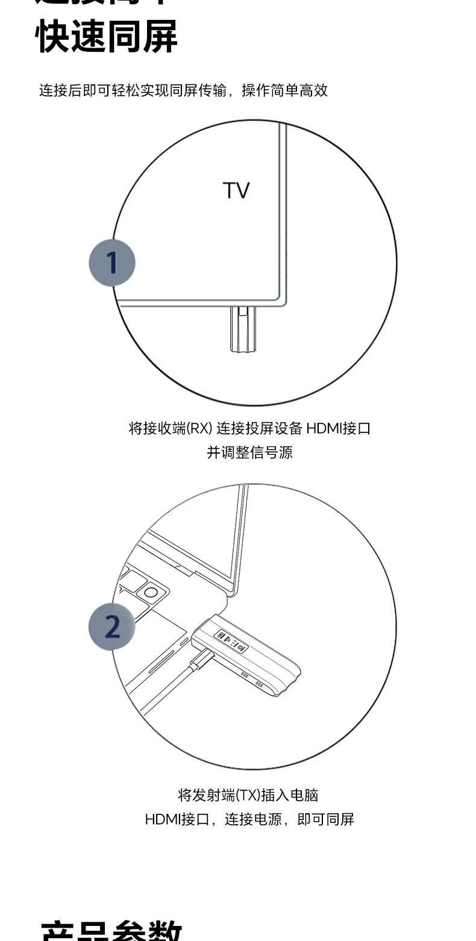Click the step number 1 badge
(x=112, y=263)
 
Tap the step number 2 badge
(x=112, y=627)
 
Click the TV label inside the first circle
(x=236, y=190)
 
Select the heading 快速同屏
(x=107, y=36)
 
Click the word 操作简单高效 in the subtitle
(x=284, y=90)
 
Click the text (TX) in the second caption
(x=248, y=795)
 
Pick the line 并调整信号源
(x=249, y=452)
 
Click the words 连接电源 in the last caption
(x=253, y=819)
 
